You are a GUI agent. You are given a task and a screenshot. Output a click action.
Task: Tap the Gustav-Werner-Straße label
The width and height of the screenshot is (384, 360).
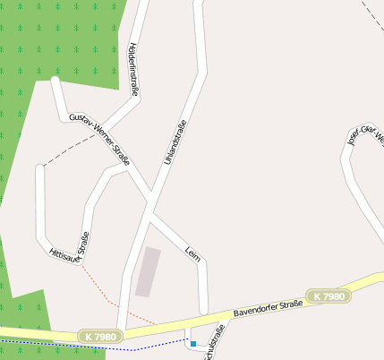99,140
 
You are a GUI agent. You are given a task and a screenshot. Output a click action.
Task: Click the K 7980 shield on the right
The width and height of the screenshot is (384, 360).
327,296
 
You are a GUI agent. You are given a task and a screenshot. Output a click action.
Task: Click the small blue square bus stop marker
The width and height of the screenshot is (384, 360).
193,343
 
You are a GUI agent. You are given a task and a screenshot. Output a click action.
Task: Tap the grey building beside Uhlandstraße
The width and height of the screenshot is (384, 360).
148,271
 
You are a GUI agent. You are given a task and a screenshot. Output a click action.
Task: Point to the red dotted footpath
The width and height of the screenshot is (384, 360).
103,291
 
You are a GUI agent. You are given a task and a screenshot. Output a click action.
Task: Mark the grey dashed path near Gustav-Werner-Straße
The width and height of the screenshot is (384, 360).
67,152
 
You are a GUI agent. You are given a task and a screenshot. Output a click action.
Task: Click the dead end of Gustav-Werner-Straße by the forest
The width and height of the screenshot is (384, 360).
56,81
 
